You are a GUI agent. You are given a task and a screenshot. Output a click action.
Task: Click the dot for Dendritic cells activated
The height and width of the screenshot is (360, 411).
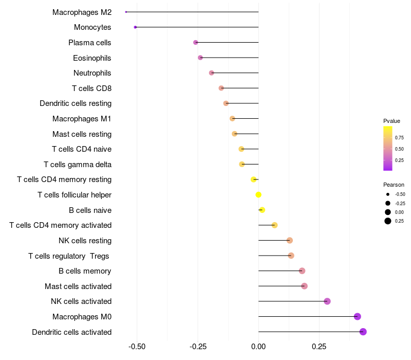click(x=363, y=332)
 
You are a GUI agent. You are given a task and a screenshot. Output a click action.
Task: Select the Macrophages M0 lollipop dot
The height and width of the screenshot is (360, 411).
click(x=358, y=316)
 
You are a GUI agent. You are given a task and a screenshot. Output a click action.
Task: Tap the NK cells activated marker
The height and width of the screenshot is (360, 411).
click(x=327, y=301)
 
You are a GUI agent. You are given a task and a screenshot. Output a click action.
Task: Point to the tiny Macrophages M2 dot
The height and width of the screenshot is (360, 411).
click(x=126, y=12)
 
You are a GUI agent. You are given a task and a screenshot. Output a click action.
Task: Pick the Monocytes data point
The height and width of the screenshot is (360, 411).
click(x=135, y=27)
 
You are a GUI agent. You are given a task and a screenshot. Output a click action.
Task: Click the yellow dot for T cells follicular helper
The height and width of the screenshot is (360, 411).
click(x=258, y=194)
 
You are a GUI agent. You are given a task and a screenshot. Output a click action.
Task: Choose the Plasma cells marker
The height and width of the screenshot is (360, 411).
click(x=195, y=42)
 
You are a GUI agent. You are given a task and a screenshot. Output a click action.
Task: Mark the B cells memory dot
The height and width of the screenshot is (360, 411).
click(x=302, y=271)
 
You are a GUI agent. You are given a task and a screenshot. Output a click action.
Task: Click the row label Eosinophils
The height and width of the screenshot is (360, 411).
click(x=92, y=58)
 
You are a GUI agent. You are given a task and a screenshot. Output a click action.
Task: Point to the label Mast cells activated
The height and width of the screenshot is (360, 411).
click(x=78, y=286)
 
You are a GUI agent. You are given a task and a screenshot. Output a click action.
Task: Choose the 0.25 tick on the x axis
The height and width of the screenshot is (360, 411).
click(x=319, y=347)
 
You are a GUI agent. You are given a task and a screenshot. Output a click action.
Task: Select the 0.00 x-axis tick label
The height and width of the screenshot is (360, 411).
click(x=258, y=347)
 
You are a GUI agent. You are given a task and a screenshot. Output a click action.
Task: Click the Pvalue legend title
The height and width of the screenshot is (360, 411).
click(x=391, y=121)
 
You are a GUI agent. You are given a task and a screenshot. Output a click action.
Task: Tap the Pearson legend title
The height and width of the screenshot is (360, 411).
click(x=394, y=185)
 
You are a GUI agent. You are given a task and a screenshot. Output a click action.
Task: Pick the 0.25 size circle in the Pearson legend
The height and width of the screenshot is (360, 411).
click(x=387, y=221)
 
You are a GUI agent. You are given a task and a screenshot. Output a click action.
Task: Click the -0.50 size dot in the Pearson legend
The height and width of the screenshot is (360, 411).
click(x=387, y=194)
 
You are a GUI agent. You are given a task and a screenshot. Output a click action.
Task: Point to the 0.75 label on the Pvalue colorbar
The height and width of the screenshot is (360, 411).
click(x=399, y=138)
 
